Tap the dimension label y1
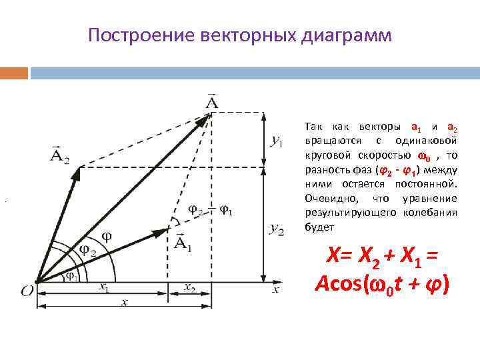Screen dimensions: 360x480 tap(275, 141)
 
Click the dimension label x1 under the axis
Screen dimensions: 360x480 tap(105, 288)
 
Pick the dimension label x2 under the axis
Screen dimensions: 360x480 tap(189, 288)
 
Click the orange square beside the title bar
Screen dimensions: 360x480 tap(13, 71)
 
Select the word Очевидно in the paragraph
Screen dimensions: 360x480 tap(327, 199)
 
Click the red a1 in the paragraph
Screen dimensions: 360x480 tap(416, 127)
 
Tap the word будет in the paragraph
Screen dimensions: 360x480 tap(319, 227)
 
